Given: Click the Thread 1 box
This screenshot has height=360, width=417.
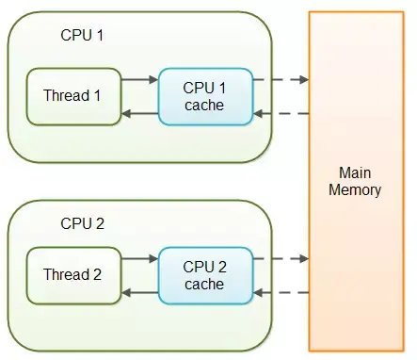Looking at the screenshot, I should [73, 96].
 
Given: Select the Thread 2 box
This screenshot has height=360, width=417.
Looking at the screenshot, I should [73, 275].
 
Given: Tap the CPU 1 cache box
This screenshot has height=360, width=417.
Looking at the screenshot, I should [205, 96].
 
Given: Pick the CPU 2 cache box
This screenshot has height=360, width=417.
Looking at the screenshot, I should [205, 275].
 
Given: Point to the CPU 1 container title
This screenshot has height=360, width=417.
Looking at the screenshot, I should [82, 36].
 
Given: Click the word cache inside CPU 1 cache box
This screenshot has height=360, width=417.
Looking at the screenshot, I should [205, 105].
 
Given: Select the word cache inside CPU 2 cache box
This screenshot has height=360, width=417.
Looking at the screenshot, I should [205, 284].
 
